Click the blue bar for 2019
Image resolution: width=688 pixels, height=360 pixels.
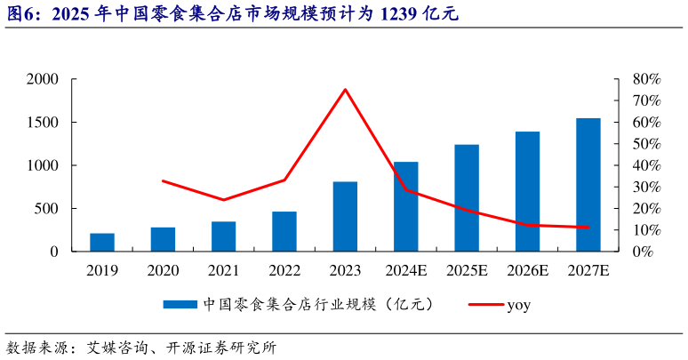(102, 242)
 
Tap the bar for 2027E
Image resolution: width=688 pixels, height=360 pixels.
(588, 184)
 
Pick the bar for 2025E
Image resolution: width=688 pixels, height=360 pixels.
(467, 197)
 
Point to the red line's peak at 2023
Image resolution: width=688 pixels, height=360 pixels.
(345, 89)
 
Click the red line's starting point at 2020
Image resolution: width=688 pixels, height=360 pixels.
(163, 180)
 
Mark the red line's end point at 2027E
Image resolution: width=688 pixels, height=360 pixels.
(588, 228)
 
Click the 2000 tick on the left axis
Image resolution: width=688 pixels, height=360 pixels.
(42, 79)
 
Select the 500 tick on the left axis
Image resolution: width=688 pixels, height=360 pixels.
(46, 209)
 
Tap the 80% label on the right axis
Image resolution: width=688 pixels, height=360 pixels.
(645, 79)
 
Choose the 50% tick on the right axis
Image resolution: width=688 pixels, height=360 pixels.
(645, 144)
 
